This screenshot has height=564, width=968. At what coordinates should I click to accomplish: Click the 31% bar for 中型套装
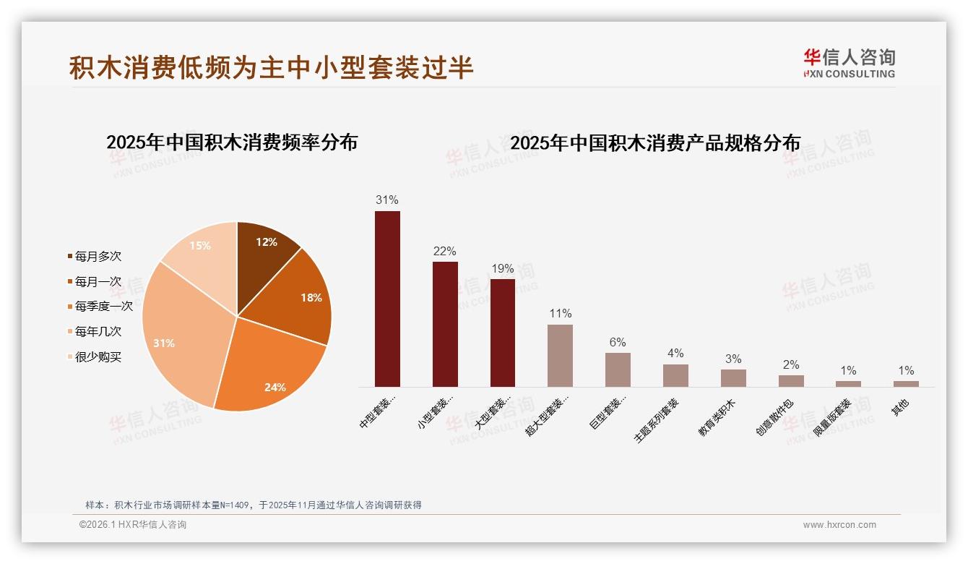point(387,299)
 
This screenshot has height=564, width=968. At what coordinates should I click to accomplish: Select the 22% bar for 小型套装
point(445,324)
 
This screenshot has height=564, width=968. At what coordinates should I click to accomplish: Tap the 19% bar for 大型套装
point(503,333)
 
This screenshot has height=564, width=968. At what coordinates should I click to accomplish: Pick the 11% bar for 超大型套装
point(560,355)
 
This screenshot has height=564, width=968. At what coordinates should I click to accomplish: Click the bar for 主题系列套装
point(675,375)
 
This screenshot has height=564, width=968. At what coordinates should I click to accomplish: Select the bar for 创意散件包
point(791,380)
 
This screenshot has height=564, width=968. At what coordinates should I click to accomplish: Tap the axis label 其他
point(900,408)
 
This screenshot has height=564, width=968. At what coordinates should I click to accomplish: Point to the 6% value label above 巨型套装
point(618,342)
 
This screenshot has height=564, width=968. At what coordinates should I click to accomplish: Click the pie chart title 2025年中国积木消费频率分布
point(232,142)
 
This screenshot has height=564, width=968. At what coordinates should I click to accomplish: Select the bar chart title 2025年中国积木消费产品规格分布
point(655,142)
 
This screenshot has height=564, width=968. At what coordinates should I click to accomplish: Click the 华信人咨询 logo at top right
point(849,63)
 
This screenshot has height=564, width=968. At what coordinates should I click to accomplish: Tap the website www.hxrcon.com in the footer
point(839,525)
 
